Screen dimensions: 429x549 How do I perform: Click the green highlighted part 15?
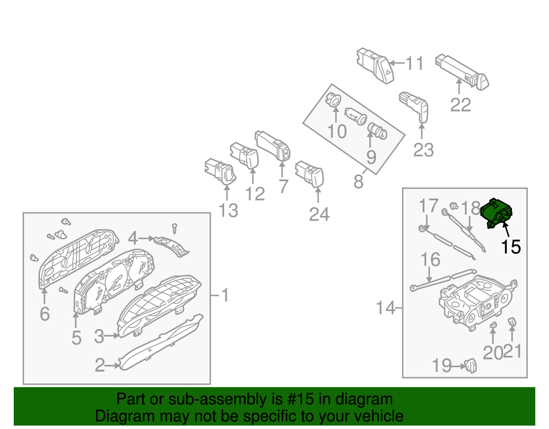(x=495, y=213)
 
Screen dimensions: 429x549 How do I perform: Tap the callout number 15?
(x=511, y=247)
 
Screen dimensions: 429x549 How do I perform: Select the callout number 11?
(x=415, y=63)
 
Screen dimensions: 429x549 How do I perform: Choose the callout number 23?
(x=423, y=149)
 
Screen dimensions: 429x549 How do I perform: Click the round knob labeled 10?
(x=333, y=100)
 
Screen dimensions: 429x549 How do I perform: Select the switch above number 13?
(x=218, y=171)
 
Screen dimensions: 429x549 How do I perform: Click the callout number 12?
(x=255, y=194)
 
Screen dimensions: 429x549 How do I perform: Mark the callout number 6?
(x=45, y=313)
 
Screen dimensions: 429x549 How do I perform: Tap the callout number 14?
(x=385, y=309)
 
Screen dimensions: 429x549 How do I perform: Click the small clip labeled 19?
(x=470, y=364)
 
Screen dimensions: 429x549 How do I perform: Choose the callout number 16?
(x=431, y=259)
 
